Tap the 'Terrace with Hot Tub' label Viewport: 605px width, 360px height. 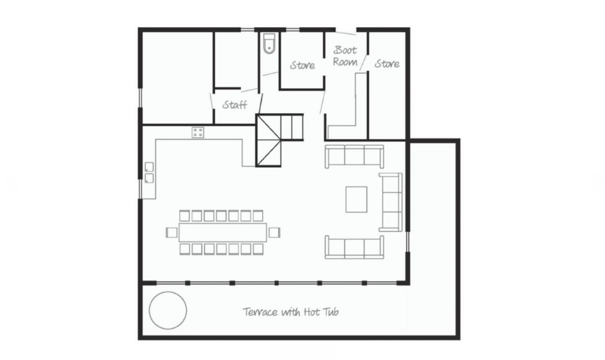click(291, 312)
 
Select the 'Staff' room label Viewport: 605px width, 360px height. click(235, 105)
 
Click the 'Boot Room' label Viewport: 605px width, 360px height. click(345, 56)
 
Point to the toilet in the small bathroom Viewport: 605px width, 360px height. click(269, 43)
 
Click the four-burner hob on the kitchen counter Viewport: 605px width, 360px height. click(198, 132)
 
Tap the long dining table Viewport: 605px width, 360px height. click(222, 232)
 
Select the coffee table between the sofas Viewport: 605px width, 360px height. click(356, 199)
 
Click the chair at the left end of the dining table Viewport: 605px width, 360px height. click(172, 233)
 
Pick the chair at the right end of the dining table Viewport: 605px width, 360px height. click(274, 233)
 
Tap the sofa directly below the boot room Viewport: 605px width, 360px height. click(354, 156)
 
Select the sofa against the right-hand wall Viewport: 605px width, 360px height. click(391, 202)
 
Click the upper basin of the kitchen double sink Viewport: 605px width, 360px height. click(149, 167)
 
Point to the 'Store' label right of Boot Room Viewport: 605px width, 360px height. click(387, 64)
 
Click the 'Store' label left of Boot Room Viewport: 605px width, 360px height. click(302, 65)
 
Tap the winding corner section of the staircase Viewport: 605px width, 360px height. click(269, 141)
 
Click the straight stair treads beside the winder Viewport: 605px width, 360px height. click(292, 127)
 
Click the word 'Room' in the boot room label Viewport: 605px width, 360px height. click(345, 62)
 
